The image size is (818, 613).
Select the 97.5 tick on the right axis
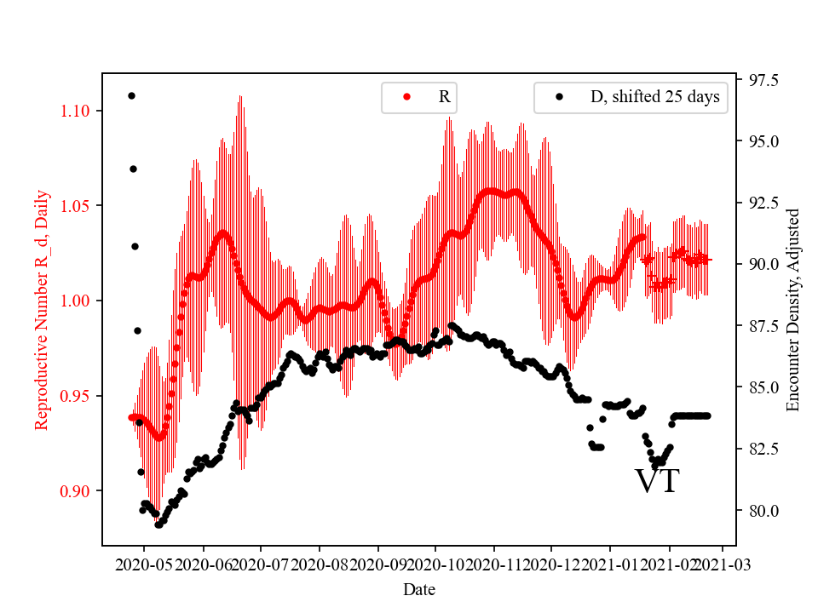click(762, 80)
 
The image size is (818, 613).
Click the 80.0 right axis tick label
click(762, 511)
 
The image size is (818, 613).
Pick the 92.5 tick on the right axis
click(762, 203)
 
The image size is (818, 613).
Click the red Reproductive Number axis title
click(42, 309)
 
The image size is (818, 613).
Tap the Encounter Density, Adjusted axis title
click(793, 309)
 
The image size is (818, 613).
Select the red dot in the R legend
click(406, 97)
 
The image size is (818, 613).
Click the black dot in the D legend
click(559, 97)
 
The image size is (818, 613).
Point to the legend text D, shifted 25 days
click(654, 97)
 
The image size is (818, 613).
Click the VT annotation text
click(657, 481)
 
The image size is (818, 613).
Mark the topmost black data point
click(131, 95)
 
